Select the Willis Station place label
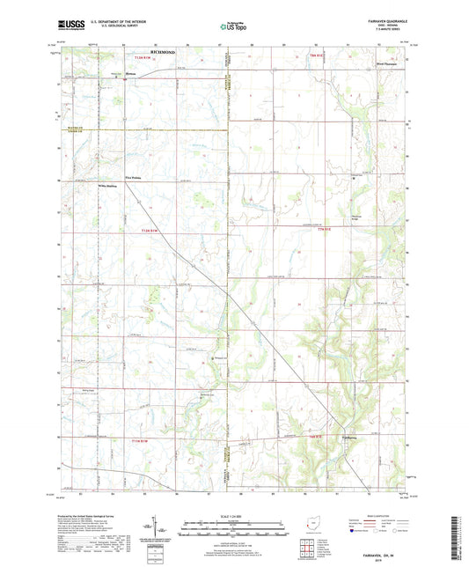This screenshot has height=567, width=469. click(107, 186)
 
